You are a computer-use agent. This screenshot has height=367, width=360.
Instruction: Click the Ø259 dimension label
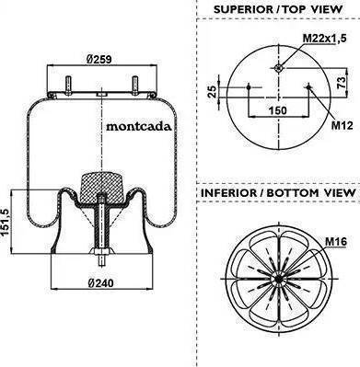(99, 59)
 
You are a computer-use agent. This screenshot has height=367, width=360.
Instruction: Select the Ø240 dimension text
(100, 283)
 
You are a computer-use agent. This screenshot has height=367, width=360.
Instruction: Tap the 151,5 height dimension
(5, 222)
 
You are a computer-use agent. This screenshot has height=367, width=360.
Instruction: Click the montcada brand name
(139, 126)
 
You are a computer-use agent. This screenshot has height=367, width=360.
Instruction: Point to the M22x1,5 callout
(325, 39)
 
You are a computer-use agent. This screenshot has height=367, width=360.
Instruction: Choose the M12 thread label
(343, 125)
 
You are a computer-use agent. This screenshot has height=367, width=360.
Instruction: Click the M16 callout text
(336, 242)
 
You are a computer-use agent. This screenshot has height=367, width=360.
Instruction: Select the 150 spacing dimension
(278, 110)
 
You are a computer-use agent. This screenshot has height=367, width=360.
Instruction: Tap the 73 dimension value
(342, 83)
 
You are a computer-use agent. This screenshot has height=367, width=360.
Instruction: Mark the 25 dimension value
(212, 91)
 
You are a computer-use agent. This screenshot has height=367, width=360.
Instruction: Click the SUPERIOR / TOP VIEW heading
(278, 9)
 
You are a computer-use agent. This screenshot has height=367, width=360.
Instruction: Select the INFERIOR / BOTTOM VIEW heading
(278, 193)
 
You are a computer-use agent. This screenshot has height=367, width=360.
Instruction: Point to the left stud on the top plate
(68, 86)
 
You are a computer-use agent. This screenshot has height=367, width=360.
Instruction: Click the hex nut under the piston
(100, 252)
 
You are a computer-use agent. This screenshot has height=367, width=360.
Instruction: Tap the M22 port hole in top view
(278, 68)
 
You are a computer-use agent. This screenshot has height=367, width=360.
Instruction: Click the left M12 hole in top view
(249, 87)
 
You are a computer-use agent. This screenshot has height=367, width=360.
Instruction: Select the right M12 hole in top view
(308, 87)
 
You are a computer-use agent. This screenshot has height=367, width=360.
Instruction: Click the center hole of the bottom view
(278, 279)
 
